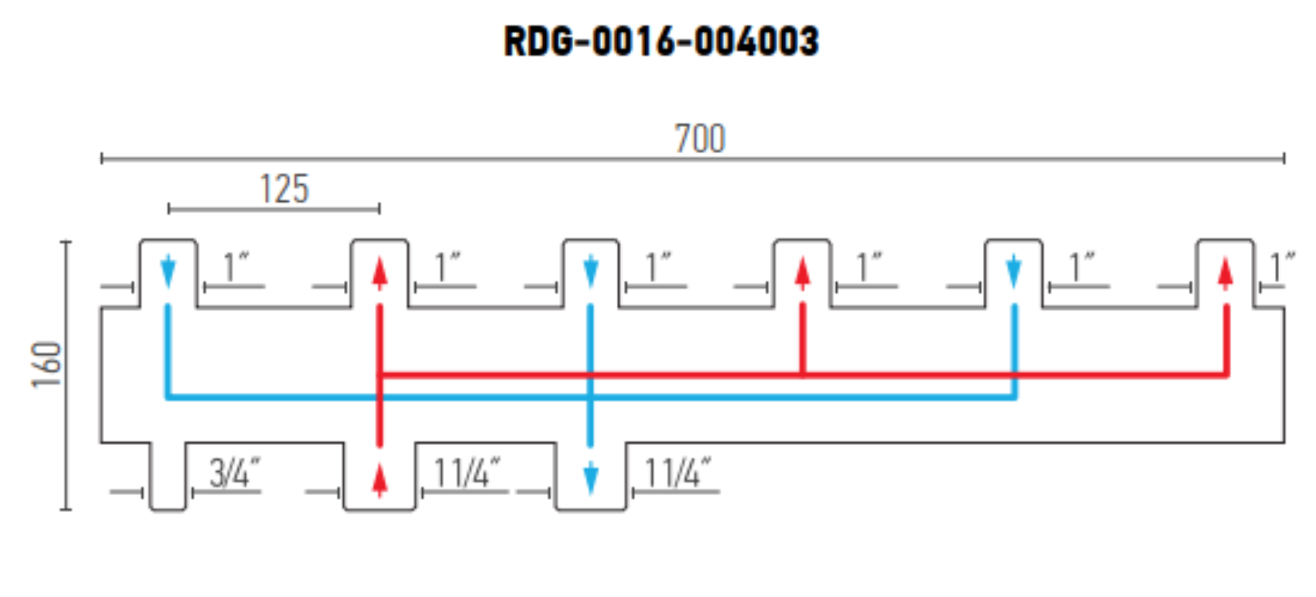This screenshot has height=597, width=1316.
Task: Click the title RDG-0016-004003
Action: pyautogui.click(x=661, y=41)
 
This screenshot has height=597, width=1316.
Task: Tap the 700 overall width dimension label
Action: pyautogui.click(x=700, y=138)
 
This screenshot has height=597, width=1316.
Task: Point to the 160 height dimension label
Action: pyautogui.click(x=46, y=364)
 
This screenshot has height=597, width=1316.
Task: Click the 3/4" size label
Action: pyautogui.click(x=235, y=473)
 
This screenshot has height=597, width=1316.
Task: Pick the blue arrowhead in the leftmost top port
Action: pyautogui.click(x=168, y=271)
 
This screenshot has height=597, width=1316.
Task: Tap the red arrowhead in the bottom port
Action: pyautogui.click(x=379, y=481)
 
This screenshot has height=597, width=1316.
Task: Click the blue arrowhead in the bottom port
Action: pyautogui.click(x=591, y=479)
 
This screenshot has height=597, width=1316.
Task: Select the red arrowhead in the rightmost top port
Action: pyautogui.click(x=1225, y=273)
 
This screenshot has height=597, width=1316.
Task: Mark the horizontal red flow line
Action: pyautogui.click(x=803, y=375)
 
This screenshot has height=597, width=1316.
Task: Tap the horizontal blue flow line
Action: pyautogui.click(x=591, y=397)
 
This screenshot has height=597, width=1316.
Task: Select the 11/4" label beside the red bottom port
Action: pyautogui.click(x=467, y=473)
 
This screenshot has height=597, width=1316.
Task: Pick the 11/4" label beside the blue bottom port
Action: pyautogui.click(x=678, y=473)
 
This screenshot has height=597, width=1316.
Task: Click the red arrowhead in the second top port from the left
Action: pyautogui.click(x=379, y=273)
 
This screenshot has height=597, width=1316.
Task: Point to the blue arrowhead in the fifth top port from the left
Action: pyautogui.click(x=1013, y=271)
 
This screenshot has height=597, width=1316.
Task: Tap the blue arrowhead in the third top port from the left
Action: pyautogui.click(x=591, y=271)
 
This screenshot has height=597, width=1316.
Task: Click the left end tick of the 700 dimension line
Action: pyautogui.click(x=101, y=159)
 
